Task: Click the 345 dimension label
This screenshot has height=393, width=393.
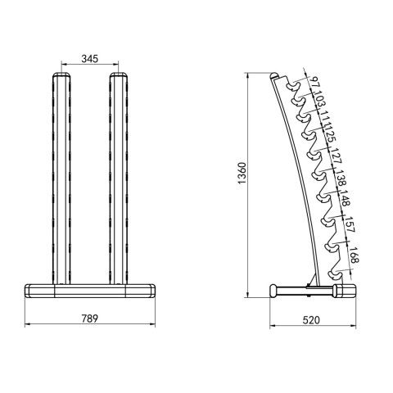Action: click(92, 58)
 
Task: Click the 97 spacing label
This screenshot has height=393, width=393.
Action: click(314, 84)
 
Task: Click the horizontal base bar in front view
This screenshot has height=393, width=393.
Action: click(90, 290)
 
